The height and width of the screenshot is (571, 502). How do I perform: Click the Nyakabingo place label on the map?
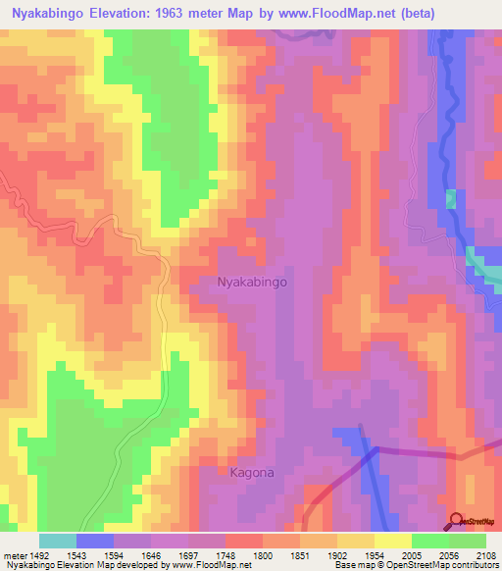tap(251, 282)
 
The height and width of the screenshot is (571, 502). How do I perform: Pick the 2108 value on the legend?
tap(485, 554)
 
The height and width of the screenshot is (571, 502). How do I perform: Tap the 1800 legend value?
tap(262, 554)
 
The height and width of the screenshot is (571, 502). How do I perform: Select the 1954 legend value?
tap(374, 554)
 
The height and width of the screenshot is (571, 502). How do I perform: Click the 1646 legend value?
tap(150, 554)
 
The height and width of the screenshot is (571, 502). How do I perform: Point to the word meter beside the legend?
tap(13, 554)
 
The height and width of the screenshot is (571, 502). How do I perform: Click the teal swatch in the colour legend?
tap(58, 541)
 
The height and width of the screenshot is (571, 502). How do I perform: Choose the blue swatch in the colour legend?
tap(95, 541)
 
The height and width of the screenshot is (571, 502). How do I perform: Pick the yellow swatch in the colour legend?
tap(393, 541)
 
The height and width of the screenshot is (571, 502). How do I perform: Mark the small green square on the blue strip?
tap(451, 199)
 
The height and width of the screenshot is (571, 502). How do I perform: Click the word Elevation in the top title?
tap(132, 12)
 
